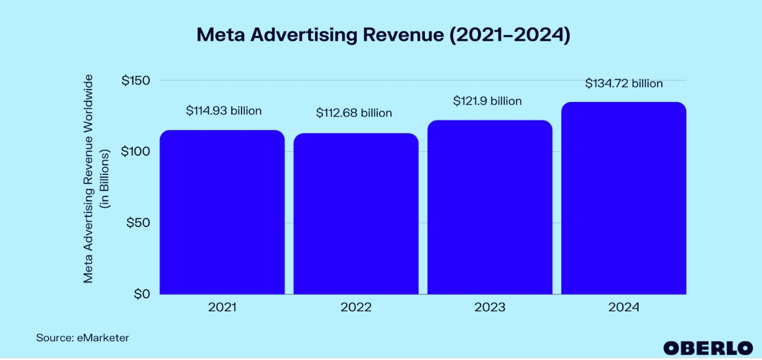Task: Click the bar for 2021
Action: [x=222, y=212]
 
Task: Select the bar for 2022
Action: [x=356, y=214]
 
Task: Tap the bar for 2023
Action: [x=490, y=207]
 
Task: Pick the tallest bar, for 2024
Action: [x=623, y=198]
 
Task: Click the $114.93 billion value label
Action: [x=223, y=111]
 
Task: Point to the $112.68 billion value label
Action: [x=354, y=113]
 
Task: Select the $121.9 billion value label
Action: [x=487, y=101]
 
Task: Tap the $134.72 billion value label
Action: [x=624, y=84]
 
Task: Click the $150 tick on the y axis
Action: [x=136, y=80]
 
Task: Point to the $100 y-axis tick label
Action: [x=136, y=152]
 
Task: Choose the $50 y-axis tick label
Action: [x=139, y=223]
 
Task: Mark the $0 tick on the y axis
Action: [x=142, y=294]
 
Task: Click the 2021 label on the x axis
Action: [x=222, y=308]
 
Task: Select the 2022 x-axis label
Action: [x=356, y=308]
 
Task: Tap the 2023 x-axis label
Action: [x=490, y=308]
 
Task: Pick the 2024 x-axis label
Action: [x=623, y=308]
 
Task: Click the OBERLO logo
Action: [x=708, y=348]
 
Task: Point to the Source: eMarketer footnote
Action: [x=83, y=338]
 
